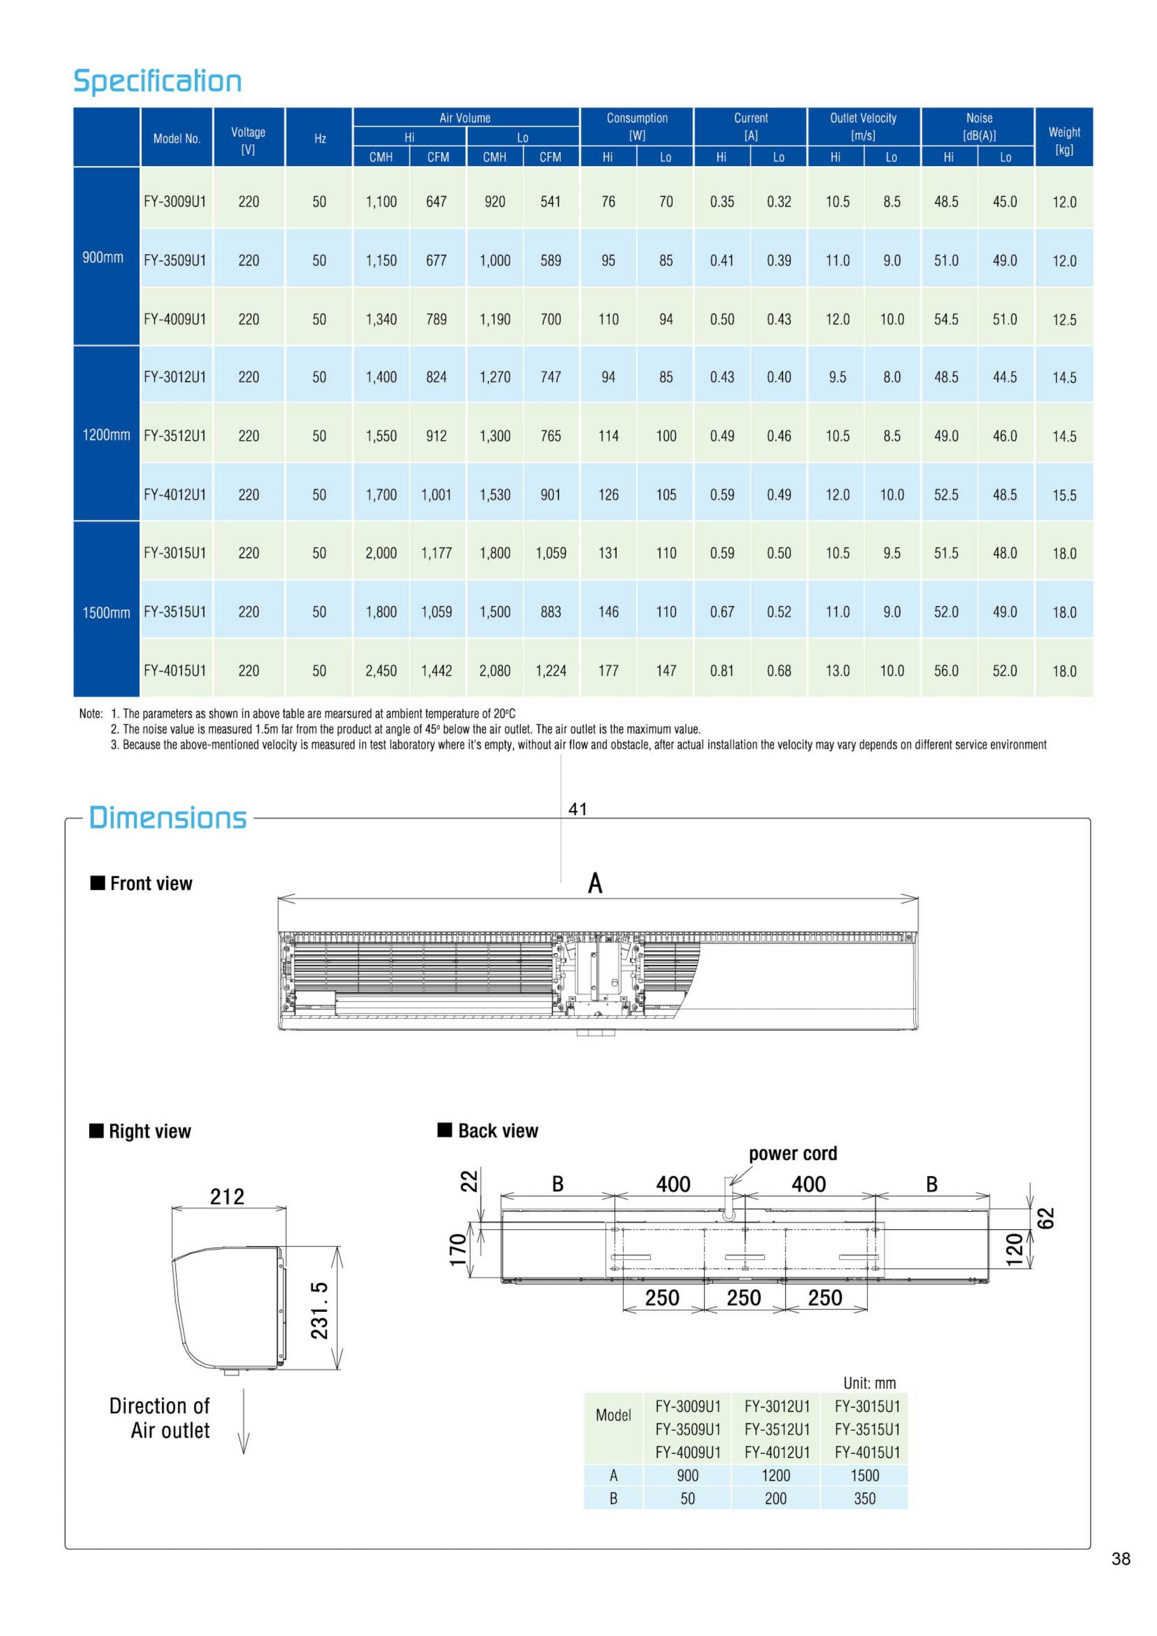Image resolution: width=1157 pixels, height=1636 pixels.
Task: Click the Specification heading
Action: pos(158,81)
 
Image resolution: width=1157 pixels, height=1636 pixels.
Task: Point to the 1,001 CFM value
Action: pos(436,495)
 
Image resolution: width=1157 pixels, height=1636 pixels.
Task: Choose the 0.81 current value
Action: pos(722,670)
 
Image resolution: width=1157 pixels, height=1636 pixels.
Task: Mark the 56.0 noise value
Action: pos(946,670)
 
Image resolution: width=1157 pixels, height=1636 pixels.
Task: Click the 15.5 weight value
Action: pos(1064,495)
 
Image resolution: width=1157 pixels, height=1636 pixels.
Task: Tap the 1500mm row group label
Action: pos(106,613)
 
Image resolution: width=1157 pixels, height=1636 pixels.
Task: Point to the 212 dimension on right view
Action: pos(227,1196)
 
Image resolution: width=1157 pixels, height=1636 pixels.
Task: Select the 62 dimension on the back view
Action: pos(1045,1218)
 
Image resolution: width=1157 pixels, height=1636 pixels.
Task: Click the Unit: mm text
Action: pos(869,1383)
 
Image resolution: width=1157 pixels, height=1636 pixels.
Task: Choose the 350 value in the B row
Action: pos(864,1498)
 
